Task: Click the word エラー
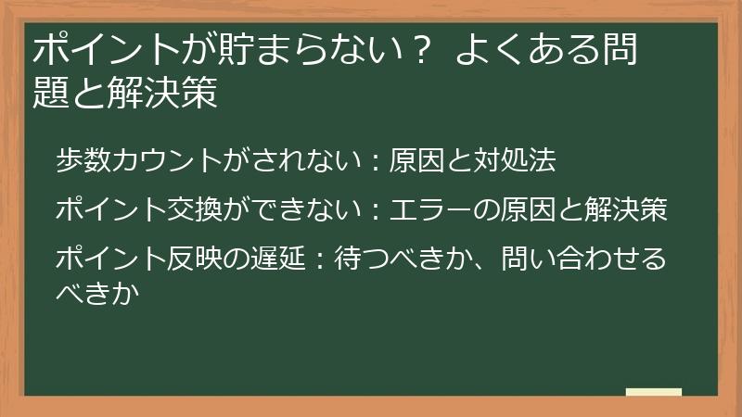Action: [x=436, y=210]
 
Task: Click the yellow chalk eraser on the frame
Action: [x=653, y=393]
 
